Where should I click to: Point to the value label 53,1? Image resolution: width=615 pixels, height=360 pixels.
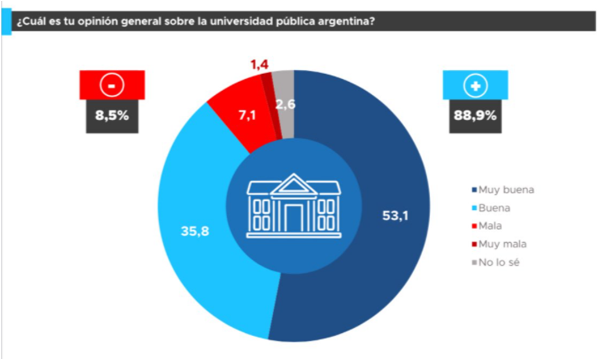click(395, 215)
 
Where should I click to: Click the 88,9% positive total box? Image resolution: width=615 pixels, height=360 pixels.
click(475, 116)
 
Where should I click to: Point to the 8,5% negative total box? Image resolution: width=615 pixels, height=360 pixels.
click(112, 116)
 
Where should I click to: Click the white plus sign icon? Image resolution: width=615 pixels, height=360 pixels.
click(475, 85)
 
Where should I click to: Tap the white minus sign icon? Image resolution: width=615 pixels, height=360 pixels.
click(112, 85)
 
